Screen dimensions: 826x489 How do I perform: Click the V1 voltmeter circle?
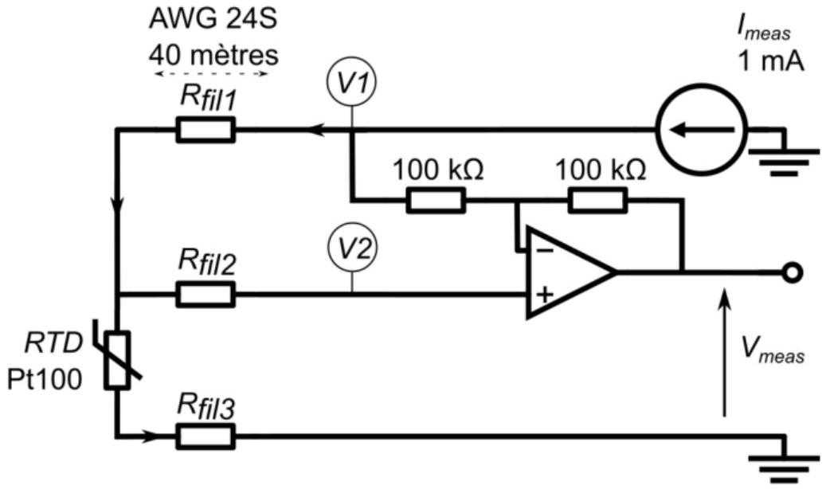pos(352,57)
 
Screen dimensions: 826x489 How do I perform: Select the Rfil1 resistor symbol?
pos(206,130)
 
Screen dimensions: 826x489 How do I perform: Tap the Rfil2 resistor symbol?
pos(206,294)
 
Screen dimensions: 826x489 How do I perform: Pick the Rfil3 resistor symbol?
pos(206,436)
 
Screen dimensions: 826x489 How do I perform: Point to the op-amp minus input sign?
pos(545,249)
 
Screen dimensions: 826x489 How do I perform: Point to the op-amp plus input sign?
pos(545,294)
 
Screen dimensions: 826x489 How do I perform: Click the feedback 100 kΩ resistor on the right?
pos(598,201)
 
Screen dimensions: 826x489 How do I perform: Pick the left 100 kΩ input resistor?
pos(436,201)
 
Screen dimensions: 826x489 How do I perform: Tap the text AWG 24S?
pos(213,19)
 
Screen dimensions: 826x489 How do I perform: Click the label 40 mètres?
pos(213,54)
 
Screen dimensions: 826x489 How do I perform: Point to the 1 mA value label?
pos(771,61)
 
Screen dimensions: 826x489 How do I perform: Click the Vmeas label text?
pos(773,350)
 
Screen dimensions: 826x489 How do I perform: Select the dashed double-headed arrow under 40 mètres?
pos(212,74)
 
